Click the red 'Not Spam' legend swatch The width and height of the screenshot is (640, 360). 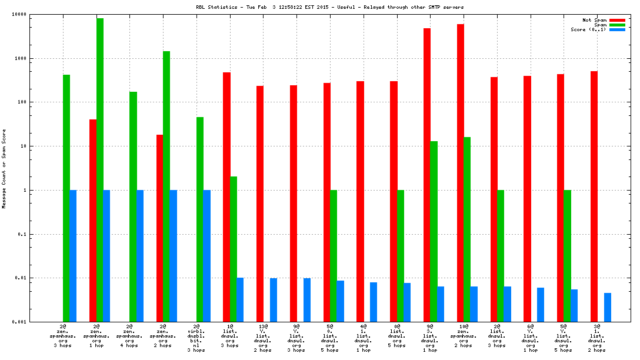pos(617,21)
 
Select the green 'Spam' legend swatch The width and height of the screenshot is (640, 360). pos(617,25)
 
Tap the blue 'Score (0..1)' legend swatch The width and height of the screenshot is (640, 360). pos(617,30)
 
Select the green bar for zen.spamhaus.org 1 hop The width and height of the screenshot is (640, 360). pos(100,170)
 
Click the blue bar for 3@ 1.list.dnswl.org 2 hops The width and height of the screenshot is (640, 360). pos(608,307)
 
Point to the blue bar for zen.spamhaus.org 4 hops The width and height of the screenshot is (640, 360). pos(140,256)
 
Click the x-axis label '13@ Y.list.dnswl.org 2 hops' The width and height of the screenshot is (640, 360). pos(263,338)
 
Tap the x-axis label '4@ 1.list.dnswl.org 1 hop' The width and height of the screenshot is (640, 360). pos(363,338)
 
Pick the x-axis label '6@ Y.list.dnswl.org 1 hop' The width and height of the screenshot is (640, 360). pos(531,338)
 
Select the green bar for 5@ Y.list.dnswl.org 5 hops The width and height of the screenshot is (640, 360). pos(567,256)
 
